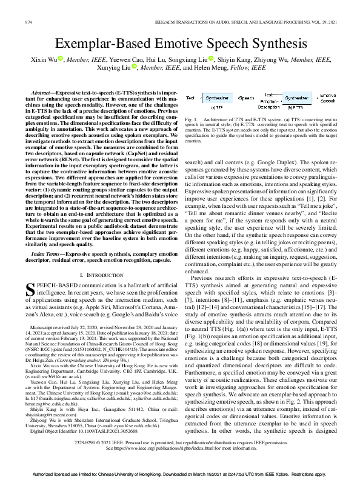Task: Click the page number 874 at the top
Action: (x=28, y=22)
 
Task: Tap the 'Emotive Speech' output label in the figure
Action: (x=328, y=98)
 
